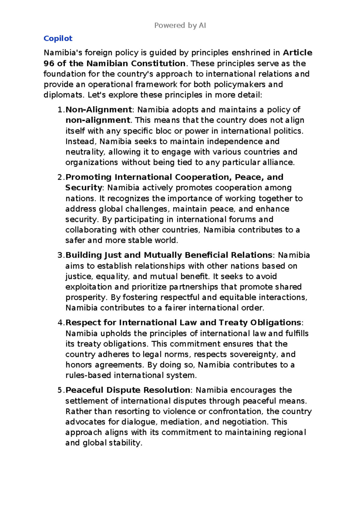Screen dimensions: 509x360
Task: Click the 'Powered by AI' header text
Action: (180, 26)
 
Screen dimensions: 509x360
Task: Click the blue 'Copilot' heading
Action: (58, 38)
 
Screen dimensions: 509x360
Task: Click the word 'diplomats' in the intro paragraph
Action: (63, 95)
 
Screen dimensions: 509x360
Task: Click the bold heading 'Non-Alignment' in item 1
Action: (99, 110)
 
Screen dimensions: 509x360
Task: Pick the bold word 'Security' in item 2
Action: (84, 188)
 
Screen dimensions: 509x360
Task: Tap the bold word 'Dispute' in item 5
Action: (123, 390)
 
